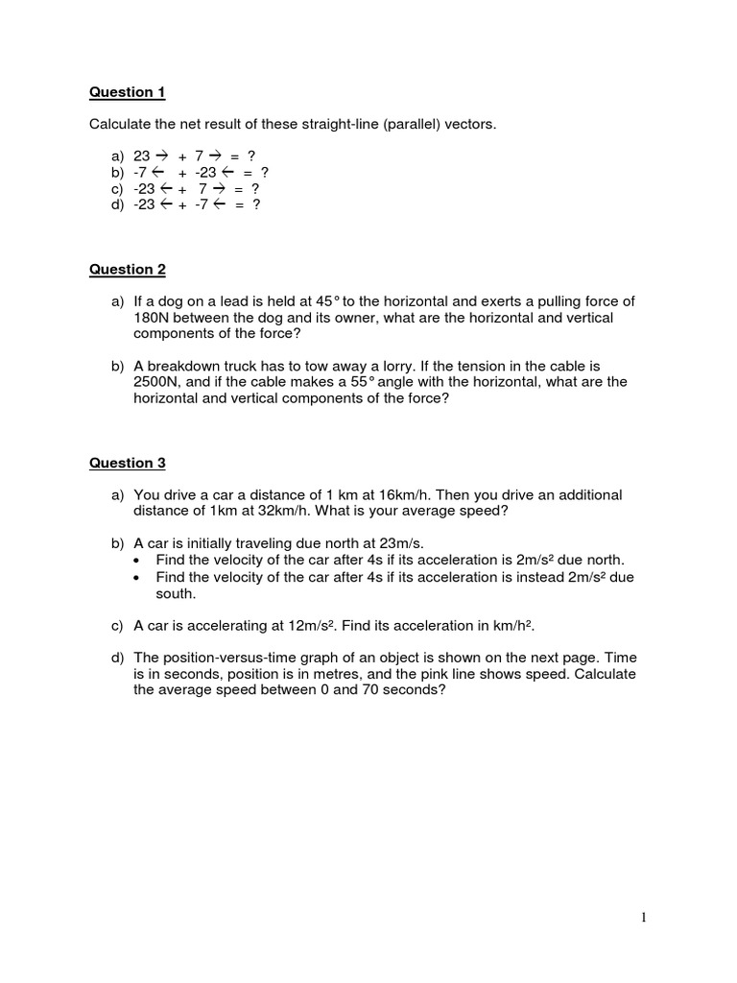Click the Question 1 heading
tap(128, 92)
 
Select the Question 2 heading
tap(128, 270)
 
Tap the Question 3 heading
tap(128, 463)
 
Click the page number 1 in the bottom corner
tap(644, 918)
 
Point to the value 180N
tap(154, 318)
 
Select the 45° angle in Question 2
tap(330, 301)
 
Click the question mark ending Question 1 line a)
tap(251, 156)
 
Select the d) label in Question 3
tap(118, 659)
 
